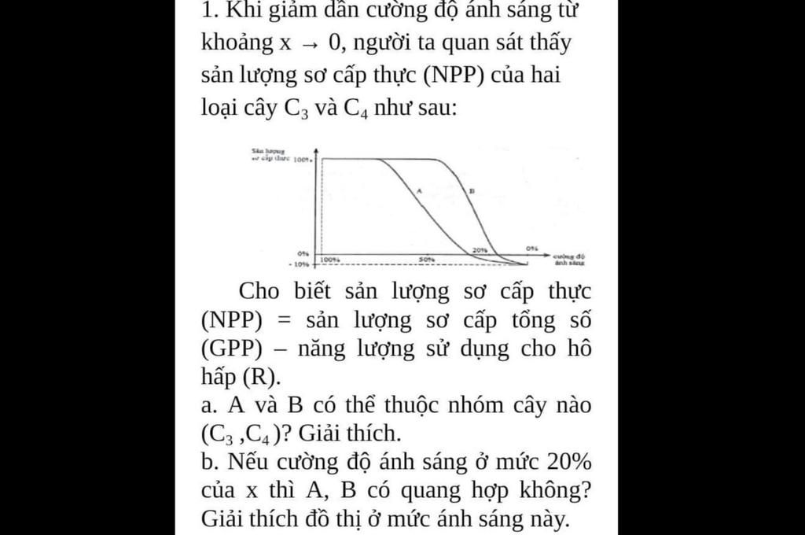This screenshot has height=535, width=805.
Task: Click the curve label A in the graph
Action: (x=419, y=190)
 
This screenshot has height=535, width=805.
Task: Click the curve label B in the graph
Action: (x=472, y=190)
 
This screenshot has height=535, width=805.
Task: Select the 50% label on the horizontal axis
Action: (x=427, y=259)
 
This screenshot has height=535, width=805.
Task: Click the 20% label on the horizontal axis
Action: (x=480, y=250)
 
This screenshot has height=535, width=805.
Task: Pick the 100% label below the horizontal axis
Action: (x=330, y=259)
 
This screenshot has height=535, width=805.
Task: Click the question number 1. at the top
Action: (x=208, y=11)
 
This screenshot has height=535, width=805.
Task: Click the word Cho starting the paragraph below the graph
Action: (x=259, y=291)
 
